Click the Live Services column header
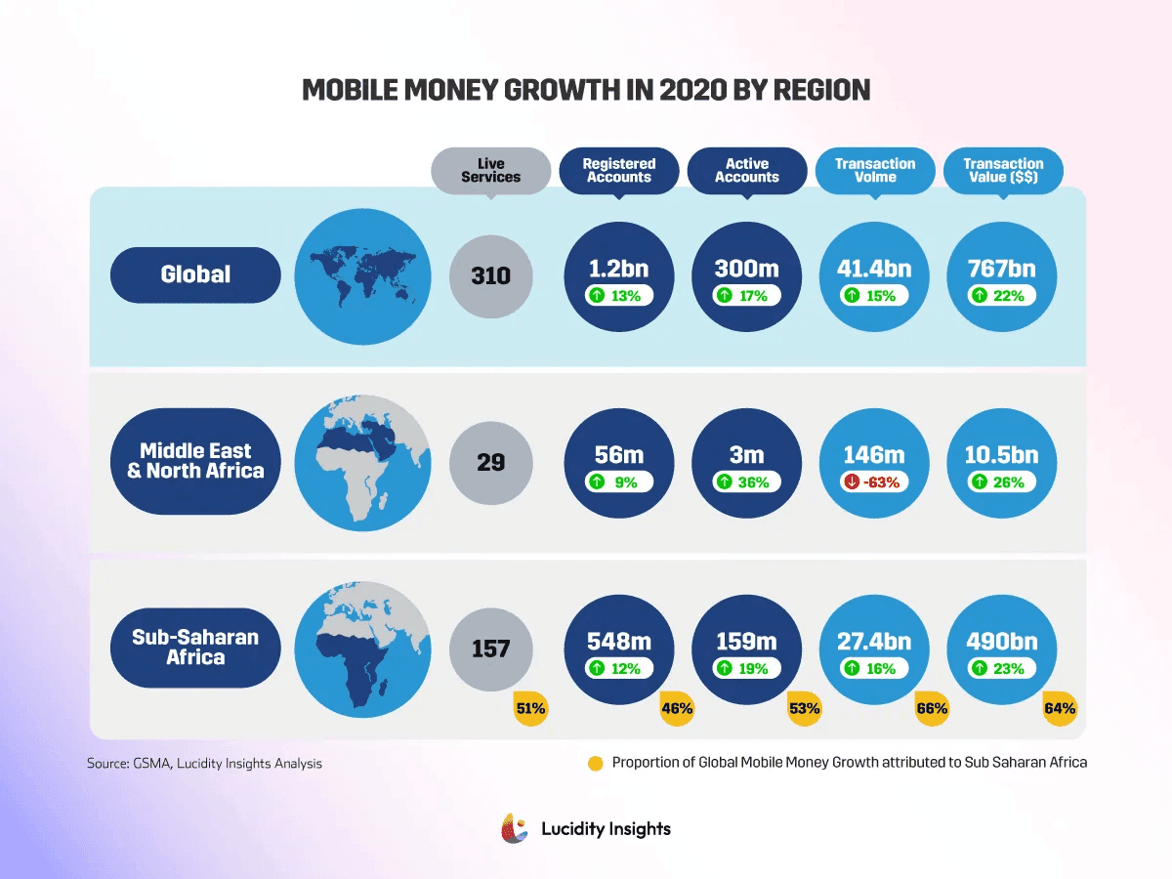491,170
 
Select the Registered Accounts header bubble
619,170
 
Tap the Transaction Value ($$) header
1003,170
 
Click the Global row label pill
196,274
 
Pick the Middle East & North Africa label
196,460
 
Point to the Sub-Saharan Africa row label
196,647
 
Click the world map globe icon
362,274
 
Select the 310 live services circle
491,275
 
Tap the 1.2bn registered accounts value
619,269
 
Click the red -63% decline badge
875,481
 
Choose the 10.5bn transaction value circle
1003,462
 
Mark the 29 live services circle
491,462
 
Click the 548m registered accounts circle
619,649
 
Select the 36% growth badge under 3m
747,481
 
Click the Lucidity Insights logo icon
515,828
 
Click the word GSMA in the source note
151,763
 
